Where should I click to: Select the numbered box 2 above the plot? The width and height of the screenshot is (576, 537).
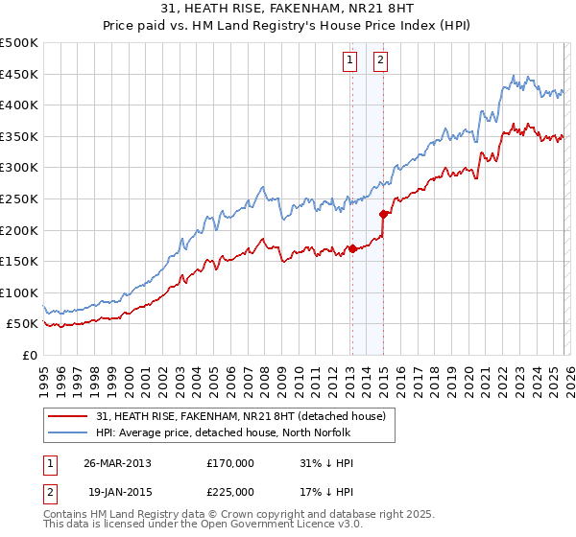380,59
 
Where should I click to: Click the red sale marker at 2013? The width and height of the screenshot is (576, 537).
352,249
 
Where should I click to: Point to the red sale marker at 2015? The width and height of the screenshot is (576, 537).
383,215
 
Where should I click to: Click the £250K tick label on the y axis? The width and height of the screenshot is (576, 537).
19,198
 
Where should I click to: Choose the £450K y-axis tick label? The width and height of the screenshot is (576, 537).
19,74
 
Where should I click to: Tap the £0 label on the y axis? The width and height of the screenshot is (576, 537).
28,356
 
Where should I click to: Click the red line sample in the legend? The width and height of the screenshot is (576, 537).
69,416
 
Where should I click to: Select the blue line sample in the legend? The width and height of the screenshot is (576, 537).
69,432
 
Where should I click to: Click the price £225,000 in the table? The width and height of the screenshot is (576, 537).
230,491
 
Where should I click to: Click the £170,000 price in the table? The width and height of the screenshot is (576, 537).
230,463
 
